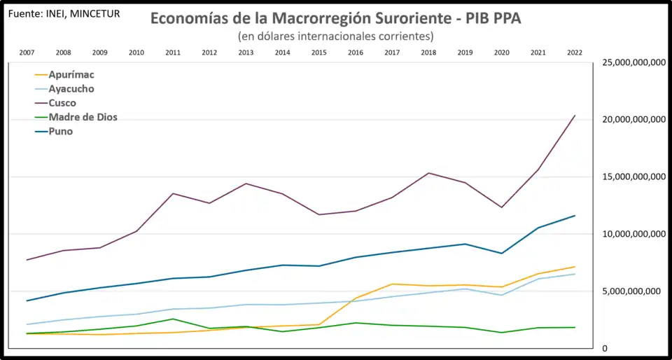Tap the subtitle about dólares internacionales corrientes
[335, 36]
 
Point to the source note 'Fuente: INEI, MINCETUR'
[63, 13]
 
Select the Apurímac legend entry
[71, 75]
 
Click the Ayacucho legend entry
[71, 89]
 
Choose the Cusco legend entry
[62, 103]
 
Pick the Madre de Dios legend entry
[83, 117]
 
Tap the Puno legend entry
[61, 131]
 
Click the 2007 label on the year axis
[27, 53]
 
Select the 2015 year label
[318, 53]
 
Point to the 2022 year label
[575, 53]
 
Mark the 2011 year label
[173, 53]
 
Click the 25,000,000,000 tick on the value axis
[633, 62]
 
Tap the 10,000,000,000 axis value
[633, 234]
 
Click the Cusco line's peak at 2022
[575, 116]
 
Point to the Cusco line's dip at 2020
[502, 207]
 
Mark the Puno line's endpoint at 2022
[575, 216]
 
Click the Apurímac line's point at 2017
[392, 284]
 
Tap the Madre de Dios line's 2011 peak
[173, 319]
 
